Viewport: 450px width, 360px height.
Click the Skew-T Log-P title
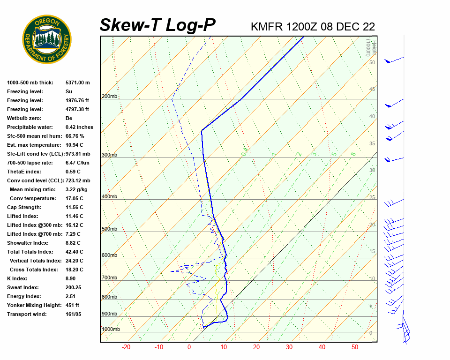[157, 25]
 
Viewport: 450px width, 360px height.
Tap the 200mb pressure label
[109, 97]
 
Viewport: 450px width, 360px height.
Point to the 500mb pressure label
[109, 229]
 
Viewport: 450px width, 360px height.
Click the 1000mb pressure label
[111, 329]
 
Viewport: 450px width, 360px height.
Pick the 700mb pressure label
[109, 277]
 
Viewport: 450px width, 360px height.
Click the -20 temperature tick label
[126, 347]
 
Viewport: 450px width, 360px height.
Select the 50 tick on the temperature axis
[355, 347]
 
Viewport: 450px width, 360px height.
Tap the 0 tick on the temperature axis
[189, 347]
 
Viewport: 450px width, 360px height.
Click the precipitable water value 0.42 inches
[79, 127]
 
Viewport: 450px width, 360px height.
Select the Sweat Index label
[22, 287]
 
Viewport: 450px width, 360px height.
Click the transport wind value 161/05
[73, 314]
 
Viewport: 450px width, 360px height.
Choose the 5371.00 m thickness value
[77, 82]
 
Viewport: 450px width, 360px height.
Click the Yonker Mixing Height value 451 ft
[72, 305]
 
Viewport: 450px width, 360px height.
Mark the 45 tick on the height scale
[372, 90]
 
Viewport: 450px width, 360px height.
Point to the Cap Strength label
[24, 207]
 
